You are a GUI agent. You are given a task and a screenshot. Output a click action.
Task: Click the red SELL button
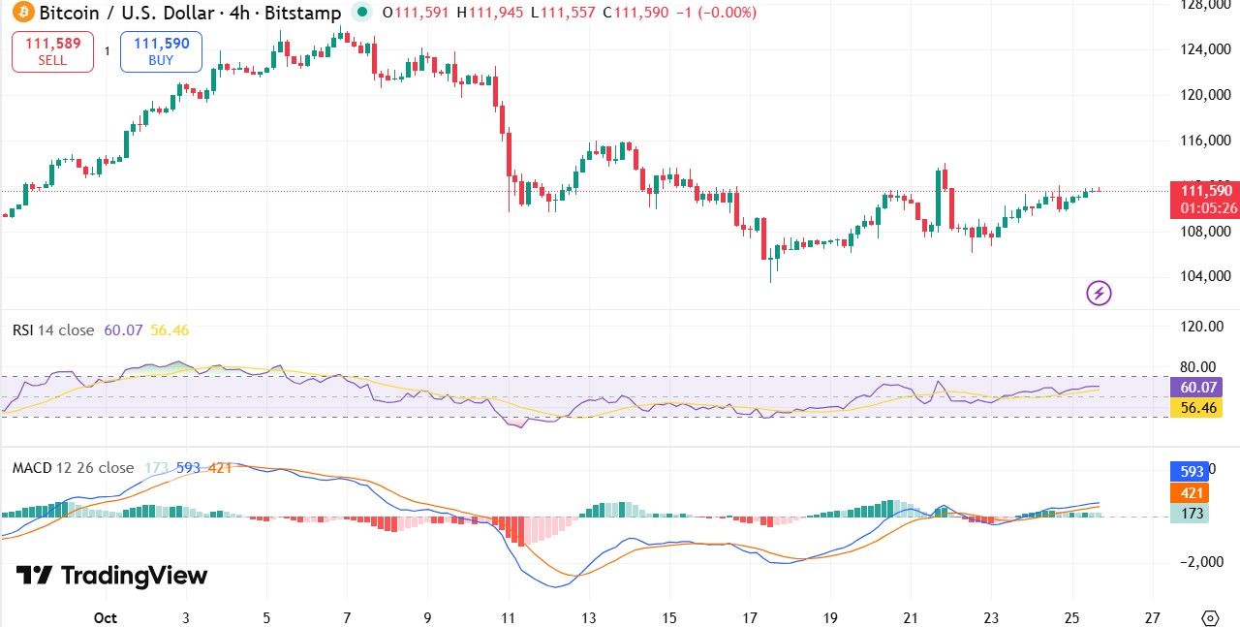coord(52,51)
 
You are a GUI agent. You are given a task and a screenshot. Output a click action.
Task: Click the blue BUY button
coord(161,51)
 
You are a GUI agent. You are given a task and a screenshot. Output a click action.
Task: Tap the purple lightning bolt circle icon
coord(1099,292)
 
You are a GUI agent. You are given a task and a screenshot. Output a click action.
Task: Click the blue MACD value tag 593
coord(1191,471)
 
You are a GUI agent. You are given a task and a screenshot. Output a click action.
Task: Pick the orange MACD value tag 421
coord(1191,492)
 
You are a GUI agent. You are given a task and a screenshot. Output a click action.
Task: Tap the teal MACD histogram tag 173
coord(1191,514)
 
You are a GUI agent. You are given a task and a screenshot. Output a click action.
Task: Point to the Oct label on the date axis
coord(105,617)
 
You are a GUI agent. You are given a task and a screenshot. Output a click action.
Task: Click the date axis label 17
coord(750,617)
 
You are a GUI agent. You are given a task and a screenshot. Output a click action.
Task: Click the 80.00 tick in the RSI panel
coord(1193,366)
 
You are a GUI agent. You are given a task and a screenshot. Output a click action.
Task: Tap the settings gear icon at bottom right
coord(1210,617)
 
